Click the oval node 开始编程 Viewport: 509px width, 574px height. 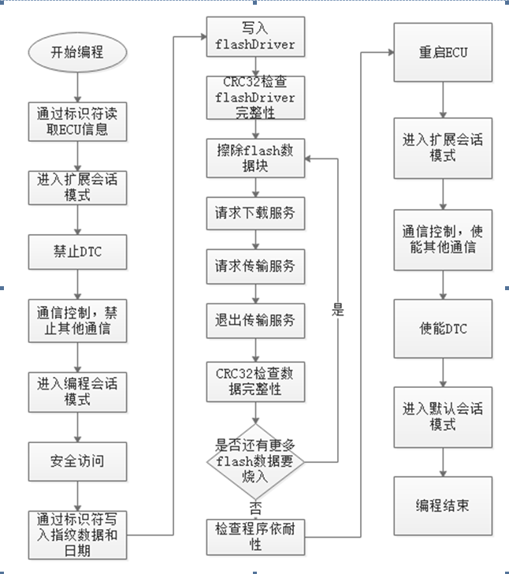coord(77,54)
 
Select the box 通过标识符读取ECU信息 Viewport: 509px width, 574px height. coord(77,121)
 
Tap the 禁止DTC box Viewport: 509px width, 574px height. coord(77,253)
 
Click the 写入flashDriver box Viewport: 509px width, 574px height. coord(255,38)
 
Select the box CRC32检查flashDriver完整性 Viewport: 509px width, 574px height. coord(255,98)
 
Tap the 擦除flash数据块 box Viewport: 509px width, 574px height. coord(255,158)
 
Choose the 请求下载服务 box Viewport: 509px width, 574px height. coord(255,214)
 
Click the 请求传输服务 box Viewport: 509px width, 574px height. coord(255,266)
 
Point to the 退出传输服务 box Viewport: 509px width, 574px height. coord(255,320)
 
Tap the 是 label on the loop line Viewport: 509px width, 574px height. coord(338,310)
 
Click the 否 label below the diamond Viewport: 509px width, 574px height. coord(255,505)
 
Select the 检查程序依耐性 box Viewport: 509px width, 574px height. coord(255,535)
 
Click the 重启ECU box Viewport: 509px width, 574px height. coord(444,53)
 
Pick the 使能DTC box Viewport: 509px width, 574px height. coord(444,328)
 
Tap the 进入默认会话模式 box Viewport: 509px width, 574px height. coord(444,416)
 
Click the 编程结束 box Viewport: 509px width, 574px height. coord(444,505)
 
